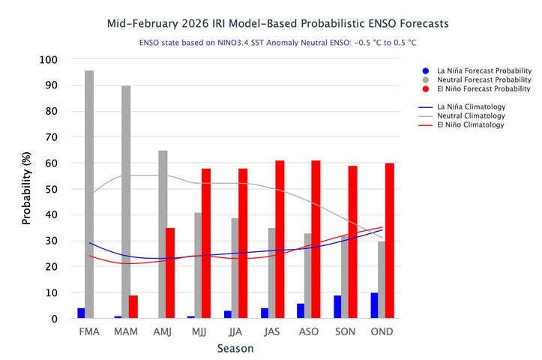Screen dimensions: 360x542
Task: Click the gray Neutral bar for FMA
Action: point(89,195)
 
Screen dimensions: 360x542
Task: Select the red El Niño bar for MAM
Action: point(133,307)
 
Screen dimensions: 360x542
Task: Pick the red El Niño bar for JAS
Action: point(280,239)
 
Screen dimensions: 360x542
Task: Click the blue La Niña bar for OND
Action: point(374,305)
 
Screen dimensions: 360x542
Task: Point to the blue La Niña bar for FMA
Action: point(81,313)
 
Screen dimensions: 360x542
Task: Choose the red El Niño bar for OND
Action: point(390,241)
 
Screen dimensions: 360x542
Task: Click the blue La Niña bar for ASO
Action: point(301,310)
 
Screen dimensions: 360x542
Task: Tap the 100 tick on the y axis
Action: point(49,59)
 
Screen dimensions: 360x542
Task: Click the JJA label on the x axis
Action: point(235,331)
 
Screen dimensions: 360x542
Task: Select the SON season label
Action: point(346,331)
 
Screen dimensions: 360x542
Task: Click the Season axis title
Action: point(235,349)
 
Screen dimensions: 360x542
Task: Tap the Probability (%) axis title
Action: point(26,189)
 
